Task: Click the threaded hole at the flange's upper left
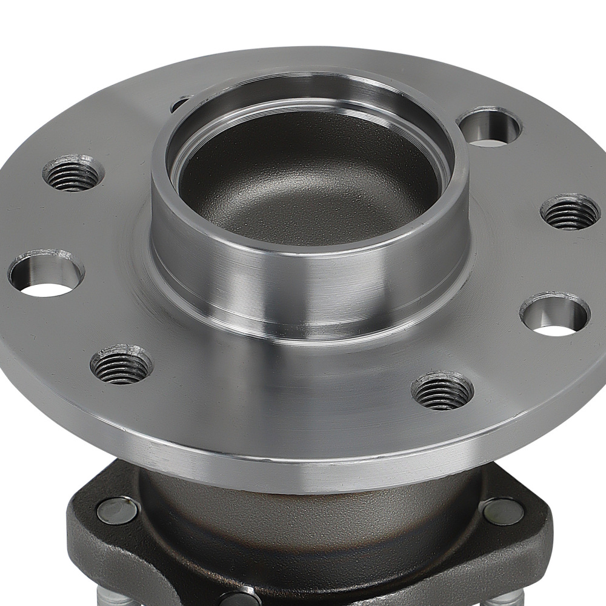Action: pos(73,173)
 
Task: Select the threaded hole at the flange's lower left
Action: pos(121,364)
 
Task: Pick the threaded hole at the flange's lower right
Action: pos(442,391)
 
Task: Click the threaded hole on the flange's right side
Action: pos(569,212)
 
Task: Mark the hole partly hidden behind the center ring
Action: pos(180,104)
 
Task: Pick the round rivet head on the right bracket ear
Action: pos(503,511)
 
